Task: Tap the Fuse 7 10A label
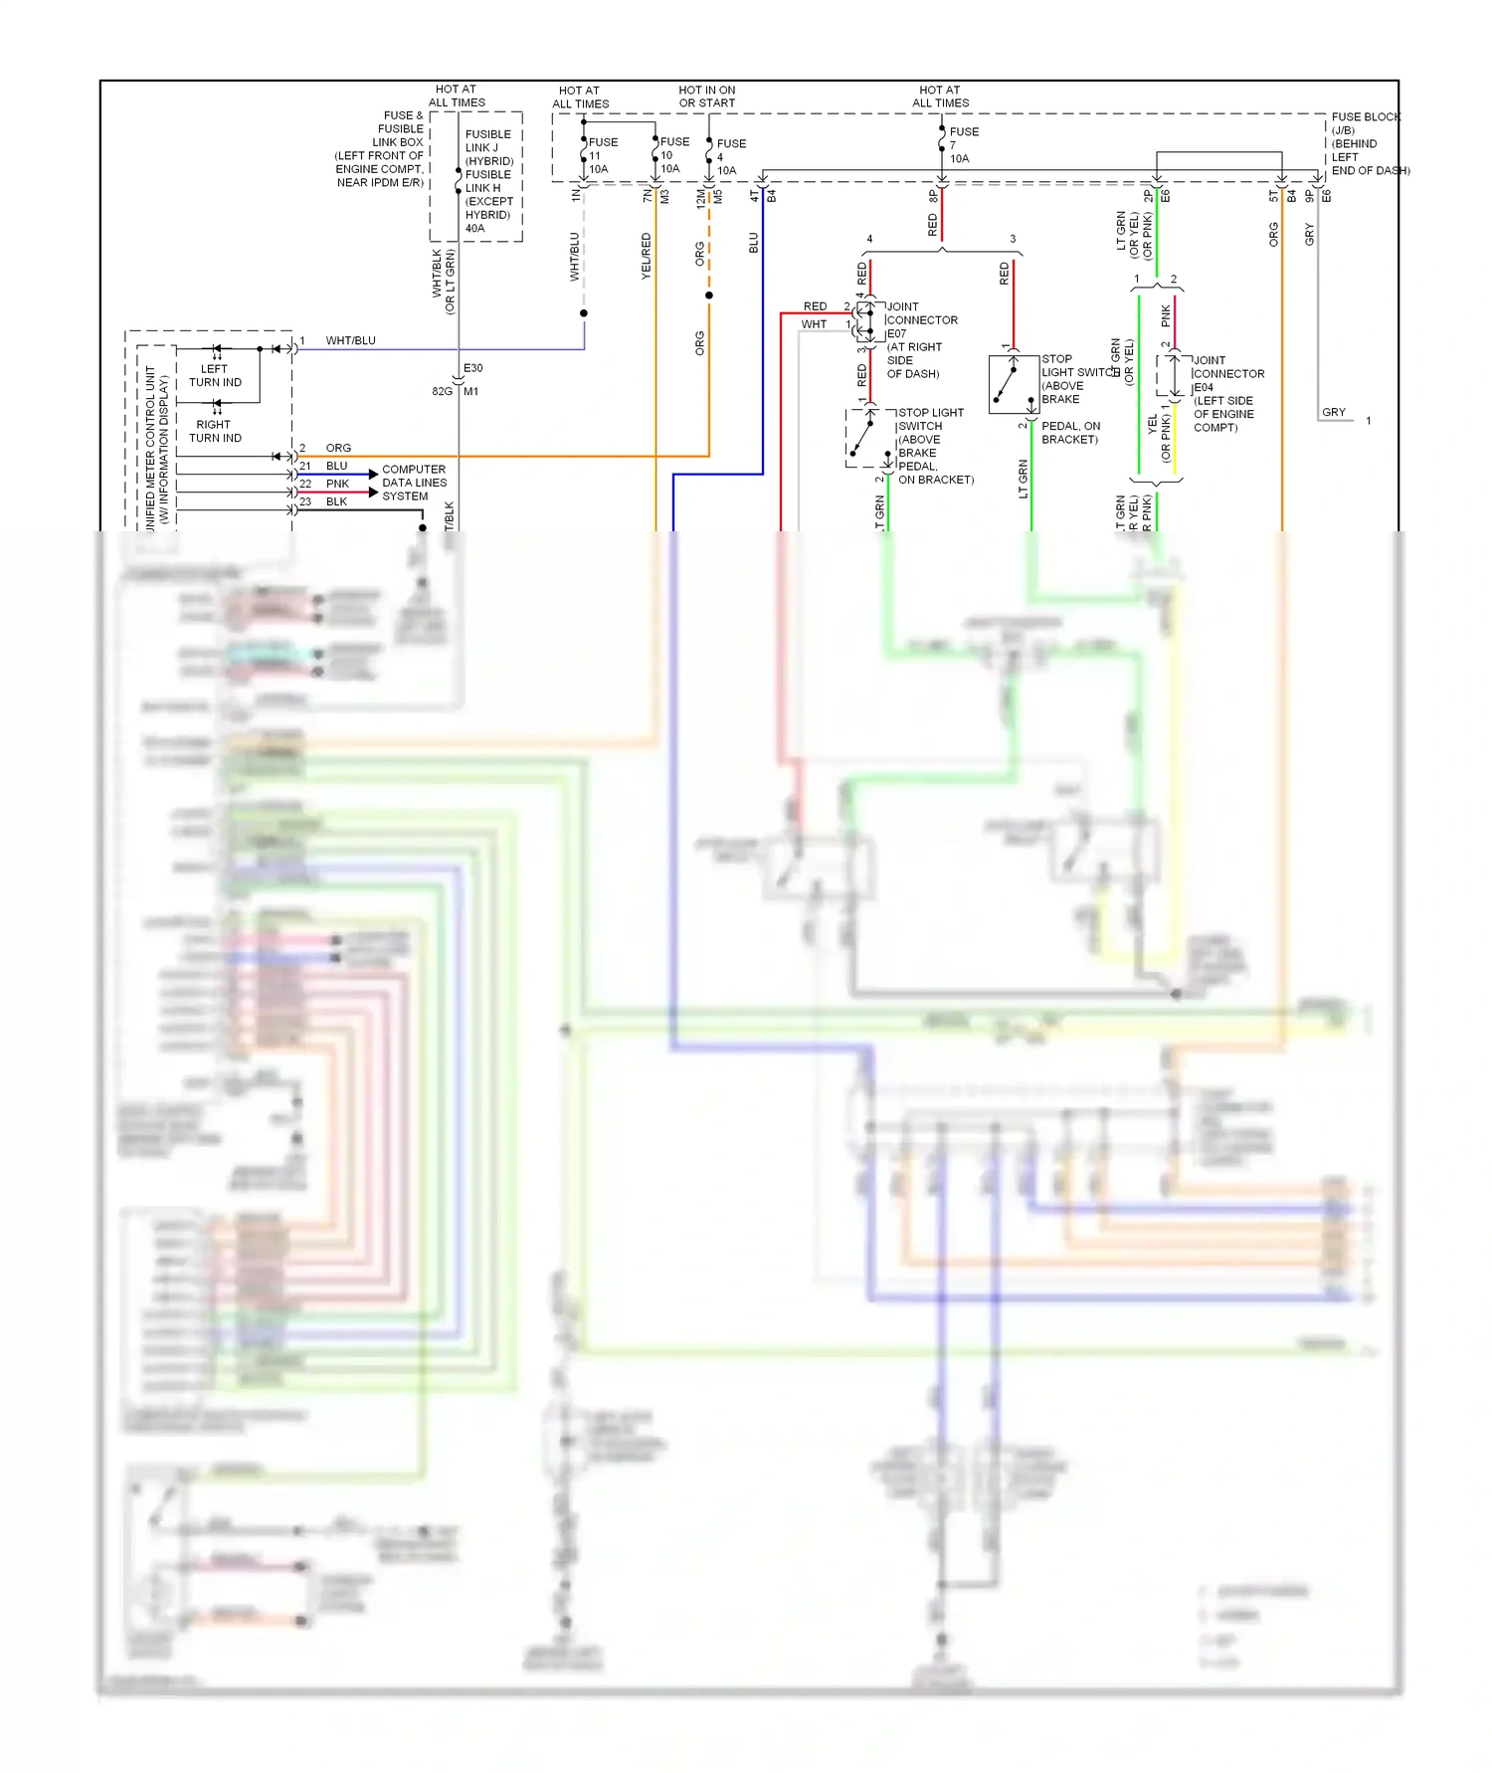pyautogui.click(x=962, y=145)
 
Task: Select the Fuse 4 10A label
pyautogui.click(x=730, y=157)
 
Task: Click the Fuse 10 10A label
pyautogui.click(x=672, y=155)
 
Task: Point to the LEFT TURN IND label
pyautogui.click(x=215, y=375)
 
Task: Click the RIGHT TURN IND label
pyautogui.click(x=215, y=431)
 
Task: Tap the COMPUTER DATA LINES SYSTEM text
pyautogui.click(x=414, y=483)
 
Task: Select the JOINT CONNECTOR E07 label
pyautogui.click(x=921, y=320)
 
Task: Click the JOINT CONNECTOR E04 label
pyautogui.click(x=1227, y=374)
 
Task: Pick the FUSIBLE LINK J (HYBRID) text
pyautogui.click(x=488, y=147)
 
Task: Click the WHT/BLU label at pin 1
pyautogui.click(x=350, y=340)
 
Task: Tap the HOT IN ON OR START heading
pyautogui.click(x=706, y=97)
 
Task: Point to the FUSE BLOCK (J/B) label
pyautogui.click(x=1365, y=123)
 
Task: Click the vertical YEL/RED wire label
pyautogui.click(x=646, y=256)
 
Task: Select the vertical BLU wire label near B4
pyautogui.click(x=753, y=243)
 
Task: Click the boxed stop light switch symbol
pyautogui.click(x=1014, y=384)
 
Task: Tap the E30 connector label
pyautogui.click(x=472, y=368)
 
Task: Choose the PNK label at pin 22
pyautogui.click(x=337, y=484)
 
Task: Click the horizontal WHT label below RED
pyautogui.click(x=814, y=324)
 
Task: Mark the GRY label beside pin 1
pyautogui.click(x=1333, y=412)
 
